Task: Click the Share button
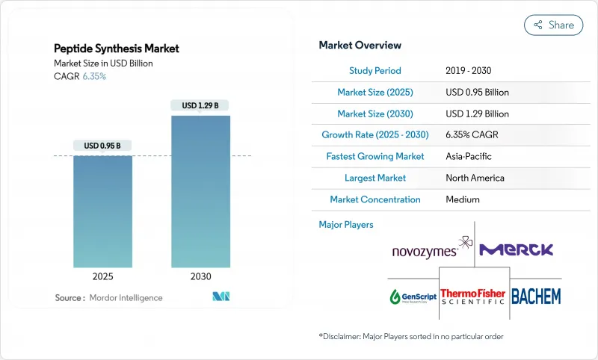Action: tap(553, 25)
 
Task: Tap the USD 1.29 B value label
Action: tap(200, 105)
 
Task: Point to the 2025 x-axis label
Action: tap(102, 276)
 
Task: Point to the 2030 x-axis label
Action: tap(200, 276)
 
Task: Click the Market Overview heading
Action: tap(360, 46)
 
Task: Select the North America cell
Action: tap(475, 179)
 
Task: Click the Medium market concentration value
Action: tap(463, 200)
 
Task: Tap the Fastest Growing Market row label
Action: tap(375, 157)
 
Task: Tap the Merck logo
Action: tap(516, 250)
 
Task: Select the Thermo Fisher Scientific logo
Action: tap(473, 296)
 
